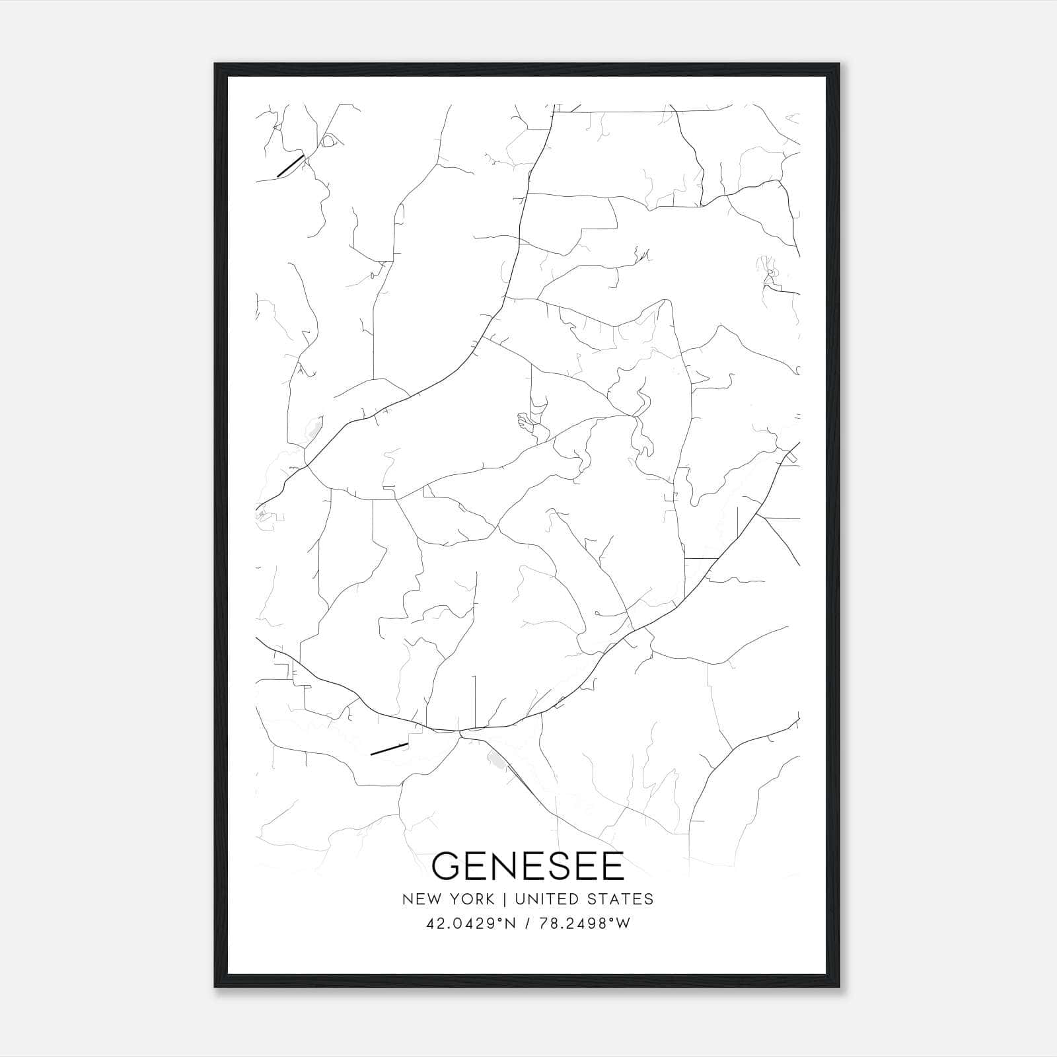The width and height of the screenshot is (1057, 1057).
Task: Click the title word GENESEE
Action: [528, 866]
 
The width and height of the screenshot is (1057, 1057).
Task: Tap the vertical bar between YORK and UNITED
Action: [504, 899]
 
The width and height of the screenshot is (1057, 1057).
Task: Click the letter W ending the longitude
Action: [624, 924]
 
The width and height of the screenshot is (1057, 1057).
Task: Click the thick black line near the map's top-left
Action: [290, 166]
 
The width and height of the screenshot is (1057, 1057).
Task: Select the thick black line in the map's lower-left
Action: [388, 748]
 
